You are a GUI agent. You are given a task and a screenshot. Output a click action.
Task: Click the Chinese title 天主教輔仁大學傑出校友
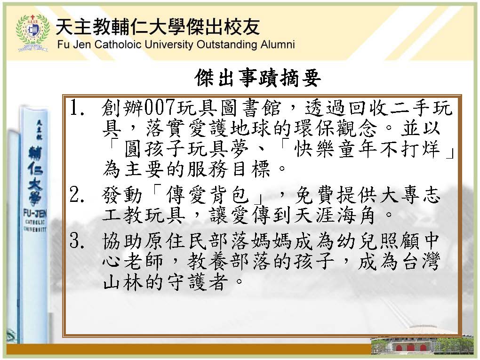[158, 27]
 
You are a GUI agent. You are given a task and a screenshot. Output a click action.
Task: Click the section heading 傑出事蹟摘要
[258, 78]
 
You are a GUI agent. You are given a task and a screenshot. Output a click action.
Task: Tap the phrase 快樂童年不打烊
[367, 149]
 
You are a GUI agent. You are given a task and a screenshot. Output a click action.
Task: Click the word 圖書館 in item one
[251, 108]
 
